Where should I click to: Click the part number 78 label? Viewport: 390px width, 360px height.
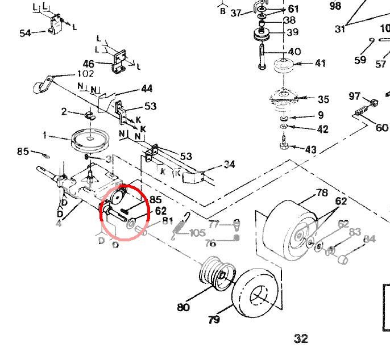[x=322, y=193]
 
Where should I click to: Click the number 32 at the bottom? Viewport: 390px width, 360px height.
[x=301, y=339]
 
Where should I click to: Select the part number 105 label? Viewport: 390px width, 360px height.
[x=198, y=233]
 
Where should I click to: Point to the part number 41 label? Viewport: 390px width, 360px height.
[x=320, y=63]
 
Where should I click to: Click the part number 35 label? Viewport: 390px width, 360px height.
[x=323, y=99]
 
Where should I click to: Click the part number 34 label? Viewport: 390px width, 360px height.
[x=229, y=165]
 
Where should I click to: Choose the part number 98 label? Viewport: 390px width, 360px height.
[x=335, y=6]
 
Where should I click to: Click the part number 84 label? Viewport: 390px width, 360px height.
[x=370, y=239]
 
